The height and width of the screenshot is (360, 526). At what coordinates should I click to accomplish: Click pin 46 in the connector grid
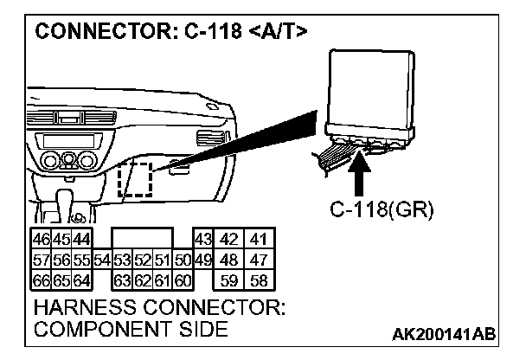coord(39,238)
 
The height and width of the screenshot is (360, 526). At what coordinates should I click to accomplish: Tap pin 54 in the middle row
coord(101,259)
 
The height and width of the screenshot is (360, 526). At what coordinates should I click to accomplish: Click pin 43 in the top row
coord(202,238)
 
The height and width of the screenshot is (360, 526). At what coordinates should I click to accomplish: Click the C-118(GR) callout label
coord(381,210)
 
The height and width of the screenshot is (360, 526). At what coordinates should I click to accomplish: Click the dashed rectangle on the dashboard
coord(134,179)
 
